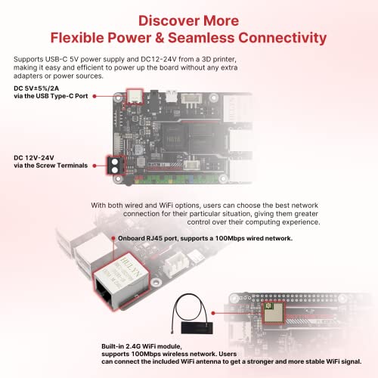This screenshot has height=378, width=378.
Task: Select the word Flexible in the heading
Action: [x=84, y=36]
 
